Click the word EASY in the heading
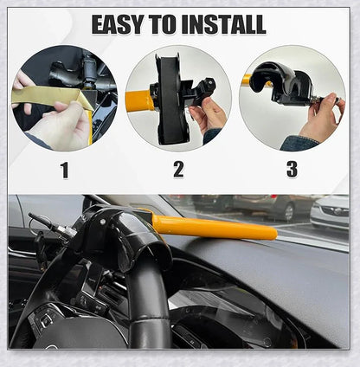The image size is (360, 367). [120, 24]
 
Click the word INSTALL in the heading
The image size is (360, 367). [222, 24]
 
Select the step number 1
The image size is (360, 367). [64, 170]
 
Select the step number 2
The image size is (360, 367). [178, 170]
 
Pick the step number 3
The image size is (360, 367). [292, 170]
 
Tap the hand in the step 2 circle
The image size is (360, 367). [210, 115]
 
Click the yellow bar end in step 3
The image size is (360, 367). [246, 80]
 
